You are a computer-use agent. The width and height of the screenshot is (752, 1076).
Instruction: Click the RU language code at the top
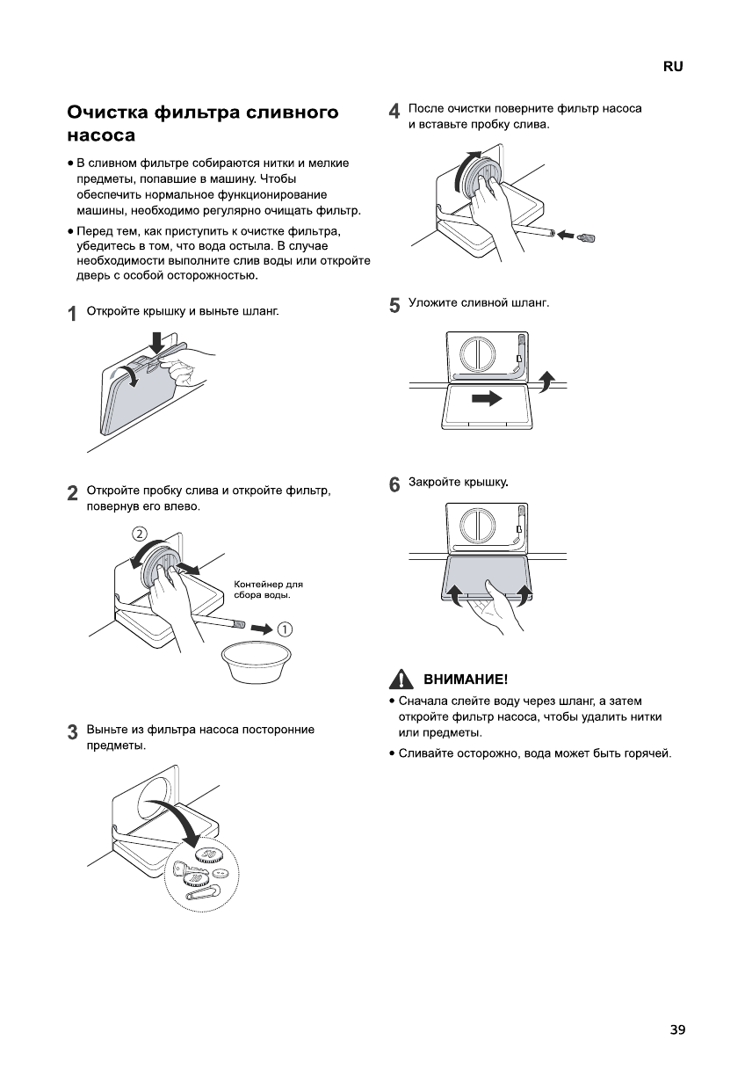[673, 67]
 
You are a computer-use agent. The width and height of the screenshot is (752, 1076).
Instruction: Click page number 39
[676, 1029]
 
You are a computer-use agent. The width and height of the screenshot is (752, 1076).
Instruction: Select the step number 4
[394, 112]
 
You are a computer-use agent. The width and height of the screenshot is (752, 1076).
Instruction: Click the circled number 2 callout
[139, 533]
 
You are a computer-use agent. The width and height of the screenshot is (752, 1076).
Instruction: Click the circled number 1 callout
[285, 628]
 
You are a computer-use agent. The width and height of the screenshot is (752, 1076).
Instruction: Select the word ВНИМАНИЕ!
[466, 680]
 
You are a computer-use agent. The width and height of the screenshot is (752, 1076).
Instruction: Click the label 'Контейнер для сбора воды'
[268, 589]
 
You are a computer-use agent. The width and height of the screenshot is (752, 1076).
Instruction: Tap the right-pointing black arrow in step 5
[486, 398]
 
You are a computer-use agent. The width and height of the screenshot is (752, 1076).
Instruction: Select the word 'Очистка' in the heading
[106, 113]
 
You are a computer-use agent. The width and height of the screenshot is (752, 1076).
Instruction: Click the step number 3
[72, 732]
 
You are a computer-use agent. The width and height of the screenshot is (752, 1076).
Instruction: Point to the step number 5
[394, 305]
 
